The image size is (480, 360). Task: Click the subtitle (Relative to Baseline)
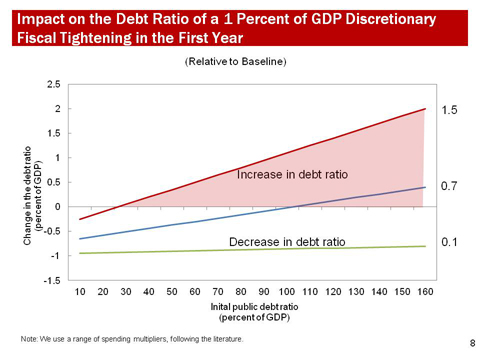(x=235, y=62)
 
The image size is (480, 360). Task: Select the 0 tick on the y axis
(x=64, y=207)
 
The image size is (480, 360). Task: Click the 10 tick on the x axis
(x=81, y=291)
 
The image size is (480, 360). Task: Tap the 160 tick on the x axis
(x=426, y=291)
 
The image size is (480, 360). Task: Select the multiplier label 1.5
(x=449, y=111)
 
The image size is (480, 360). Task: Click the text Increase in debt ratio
(x=292, y=174)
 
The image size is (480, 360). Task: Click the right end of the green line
(x=426, y=246)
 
